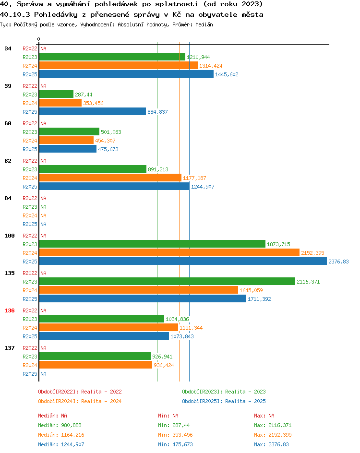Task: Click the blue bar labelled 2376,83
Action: click(183, 262)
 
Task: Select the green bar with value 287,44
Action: click(56, 95)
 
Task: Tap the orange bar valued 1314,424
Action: click(119, 66)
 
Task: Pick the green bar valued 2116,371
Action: click(168, 282)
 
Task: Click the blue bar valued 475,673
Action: click(68, 149)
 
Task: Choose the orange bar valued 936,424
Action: click(96, 365)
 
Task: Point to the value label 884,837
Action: click(157, 112)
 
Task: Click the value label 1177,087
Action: click(194, 178)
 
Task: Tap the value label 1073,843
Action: click(182, 336)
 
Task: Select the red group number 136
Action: click(10, 310)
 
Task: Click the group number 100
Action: click(10, 236)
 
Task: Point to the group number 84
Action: click(8, 198)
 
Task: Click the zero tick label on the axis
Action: click(39, 39)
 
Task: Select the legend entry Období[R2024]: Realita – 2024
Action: click(80, 401)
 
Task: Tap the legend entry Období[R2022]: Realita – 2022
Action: click(80, 392)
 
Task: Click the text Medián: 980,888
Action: click(60, 425)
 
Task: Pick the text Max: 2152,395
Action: click(273, 435)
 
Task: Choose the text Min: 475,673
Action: click(175, 444)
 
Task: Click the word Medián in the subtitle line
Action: click(204, 24)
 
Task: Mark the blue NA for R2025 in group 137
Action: click(43, 374)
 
